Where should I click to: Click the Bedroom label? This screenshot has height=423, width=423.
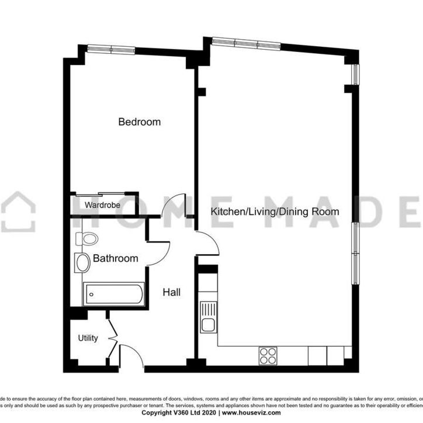coord(139,122)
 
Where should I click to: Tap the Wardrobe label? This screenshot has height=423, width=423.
coord(102,205)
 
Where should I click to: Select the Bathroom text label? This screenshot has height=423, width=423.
coord(116,258)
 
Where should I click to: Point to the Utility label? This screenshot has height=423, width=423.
coord(88,338)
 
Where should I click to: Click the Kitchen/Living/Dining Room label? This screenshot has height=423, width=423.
coord(275,211)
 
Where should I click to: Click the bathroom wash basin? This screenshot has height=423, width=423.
coord(82,262)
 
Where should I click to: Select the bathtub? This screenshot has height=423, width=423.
coord(113,294)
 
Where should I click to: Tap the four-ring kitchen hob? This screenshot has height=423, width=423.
coord(268,355)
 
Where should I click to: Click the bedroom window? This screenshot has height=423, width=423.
coord(110,50)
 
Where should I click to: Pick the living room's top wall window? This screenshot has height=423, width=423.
coord(245,43)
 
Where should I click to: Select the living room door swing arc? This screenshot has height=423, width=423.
coord(208,241)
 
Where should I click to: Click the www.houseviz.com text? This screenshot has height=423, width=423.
coord(251,412)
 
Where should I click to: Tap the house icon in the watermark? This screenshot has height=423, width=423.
coord(18,210)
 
